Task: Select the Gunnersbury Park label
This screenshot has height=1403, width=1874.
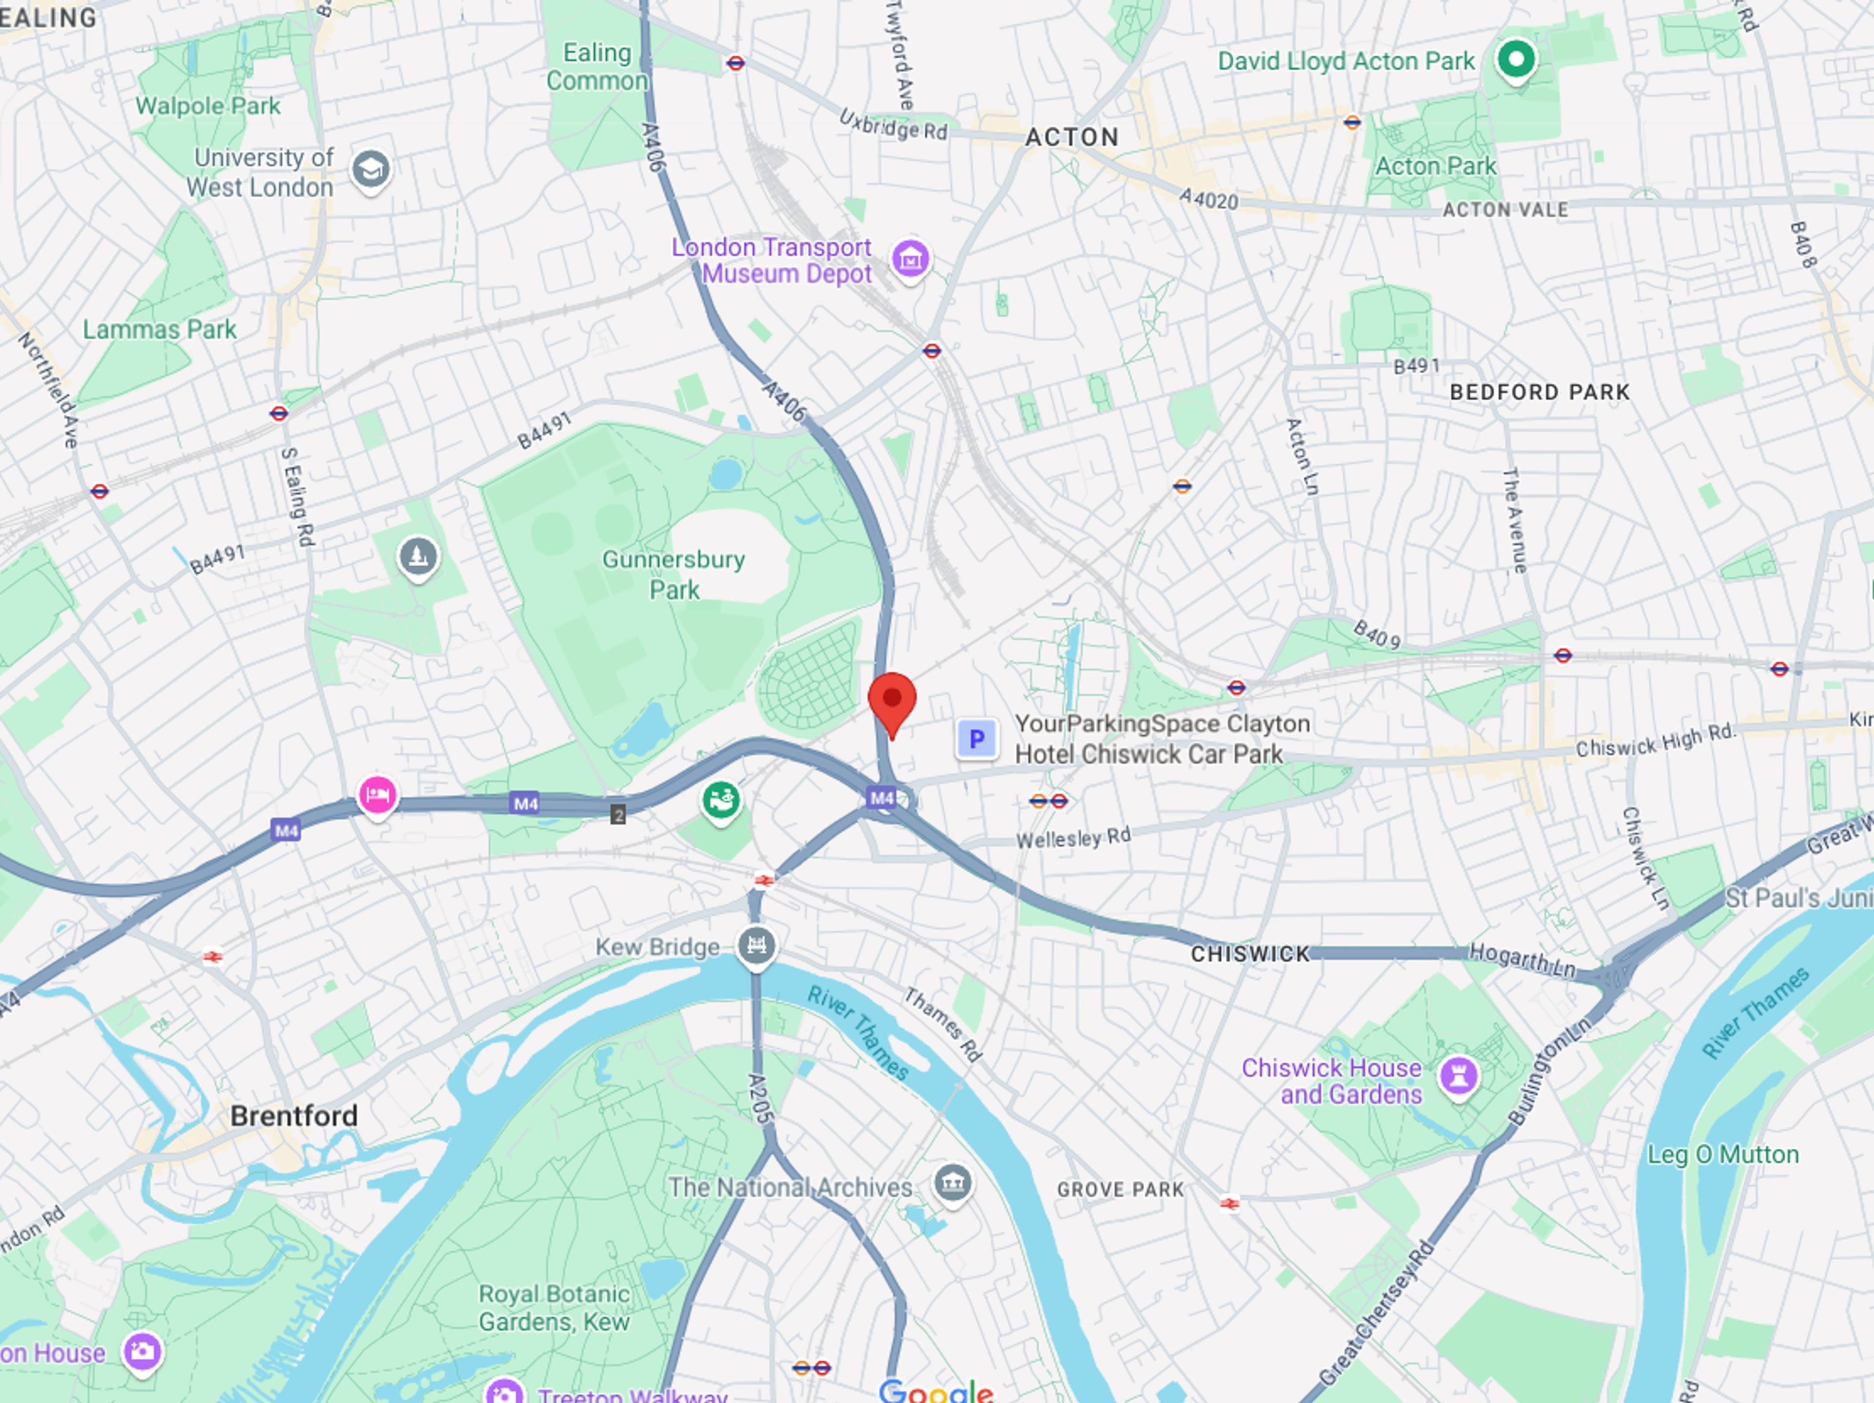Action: pyautogui.click(x=673, y=575)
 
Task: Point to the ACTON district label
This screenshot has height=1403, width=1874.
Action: pyautogui.click(x=1072, y=137)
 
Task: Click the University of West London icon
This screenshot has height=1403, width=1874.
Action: pyautogui.click(x=371, y=169)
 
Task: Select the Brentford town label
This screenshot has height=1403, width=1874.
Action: pyautogui.click(x=294, y=1116)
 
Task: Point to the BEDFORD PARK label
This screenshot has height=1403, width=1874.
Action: pyautogui.click(x=1539, y=392)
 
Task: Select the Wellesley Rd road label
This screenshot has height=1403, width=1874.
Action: pyautogui.click(x=1073, y=838)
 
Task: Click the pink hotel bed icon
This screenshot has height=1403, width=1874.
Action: pyautogui.click(x=377, y=795)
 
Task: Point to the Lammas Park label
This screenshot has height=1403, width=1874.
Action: pyautogui.click(x=159, y=330)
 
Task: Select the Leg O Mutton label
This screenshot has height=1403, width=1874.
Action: pyautogui.click(x=1722, y=1155)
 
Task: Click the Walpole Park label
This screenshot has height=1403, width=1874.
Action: pyautogui.click(x=207, y=106)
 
